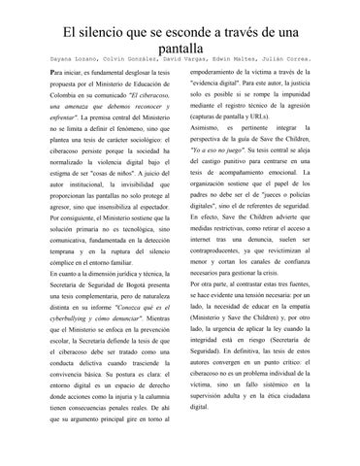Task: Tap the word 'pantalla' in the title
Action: tap(179, 49)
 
